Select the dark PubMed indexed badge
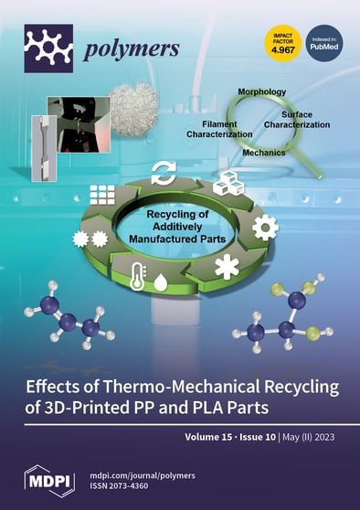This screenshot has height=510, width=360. point(324,48)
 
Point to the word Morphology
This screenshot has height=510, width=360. point(262,93)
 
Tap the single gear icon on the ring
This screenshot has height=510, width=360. point(264,228)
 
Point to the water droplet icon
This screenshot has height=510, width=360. point(161,282)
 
